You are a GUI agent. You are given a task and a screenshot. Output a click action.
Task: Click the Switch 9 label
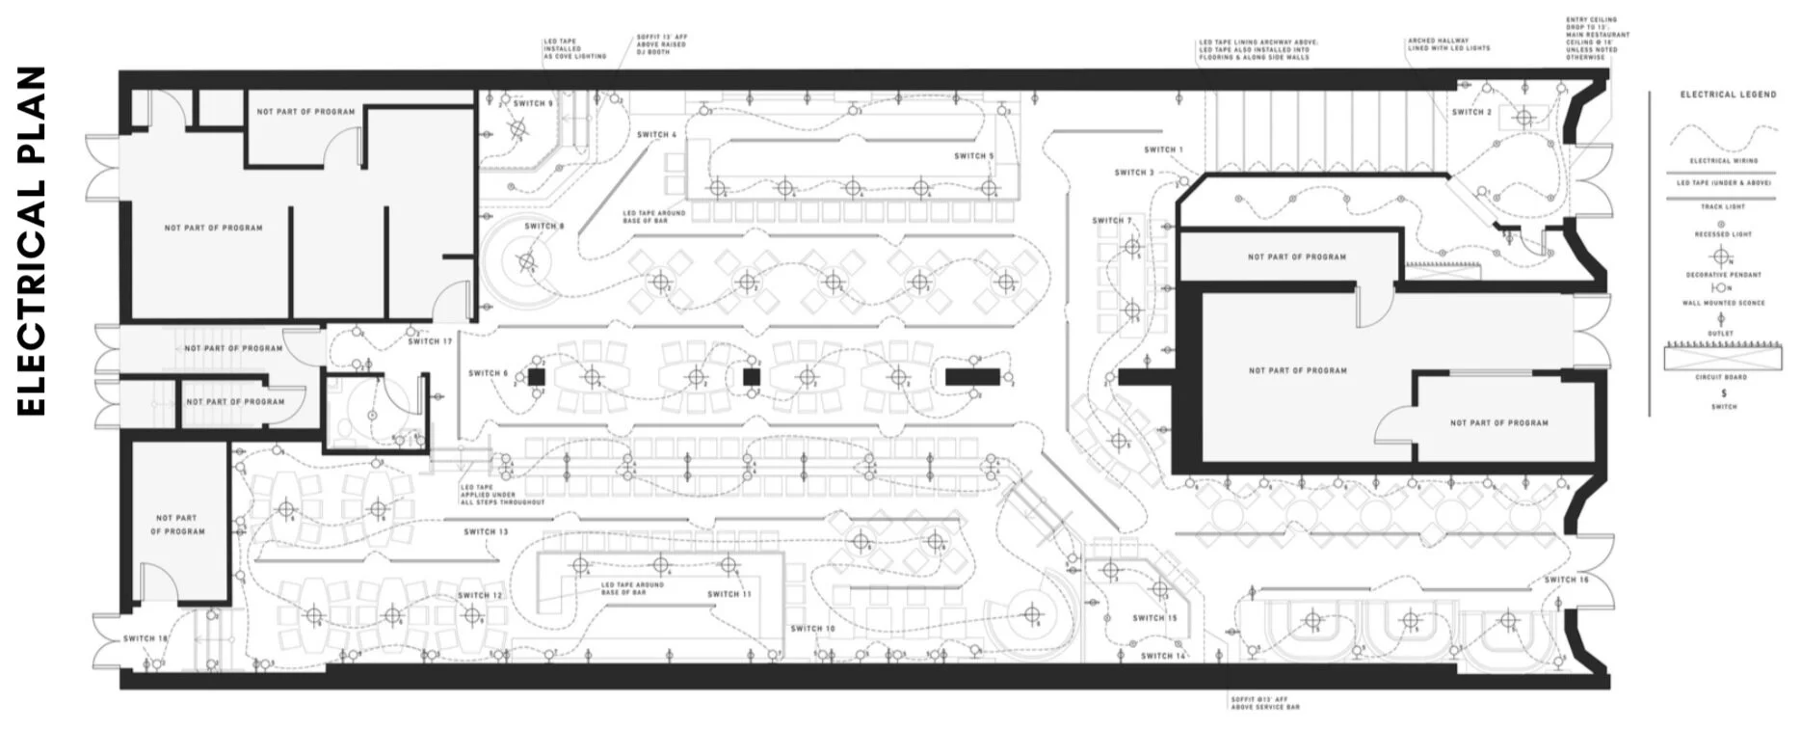[x=533, y=104]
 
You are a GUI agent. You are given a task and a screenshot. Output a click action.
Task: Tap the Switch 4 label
[x=656, y=135]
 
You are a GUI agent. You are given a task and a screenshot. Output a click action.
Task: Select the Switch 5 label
[x=973, y=156]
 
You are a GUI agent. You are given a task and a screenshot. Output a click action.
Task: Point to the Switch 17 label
[x=430, y=341]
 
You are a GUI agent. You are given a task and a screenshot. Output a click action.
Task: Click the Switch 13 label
[x=486, y=531]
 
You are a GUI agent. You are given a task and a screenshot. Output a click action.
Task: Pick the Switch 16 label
[x=1566, y=580]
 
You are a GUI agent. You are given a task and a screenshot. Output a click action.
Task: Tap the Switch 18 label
[x=146, y=638]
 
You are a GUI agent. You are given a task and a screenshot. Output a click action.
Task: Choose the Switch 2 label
[x=1471, y=113]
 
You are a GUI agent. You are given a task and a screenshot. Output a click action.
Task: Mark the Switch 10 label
[x=812, y=629]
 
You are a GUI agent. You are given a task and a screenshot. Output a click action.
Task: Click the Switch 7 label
[x=1112, y=221]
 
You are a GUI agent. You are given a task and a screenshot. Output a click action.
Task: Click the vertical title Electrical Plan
[x=32, y=241]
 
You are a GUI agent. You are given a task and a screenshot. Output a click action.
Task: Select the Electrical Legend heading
[x=1728, y=95]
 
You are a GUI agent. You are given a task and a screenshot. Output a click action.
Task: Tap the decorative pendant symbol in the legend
[x=1721, y=257]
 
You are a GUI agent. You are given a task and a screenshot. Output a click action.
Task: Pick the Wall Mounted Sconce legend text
[x=1724, y=303]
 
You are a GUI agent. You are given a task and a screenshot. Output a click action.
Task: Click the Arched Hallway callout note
[x=1448, y=44]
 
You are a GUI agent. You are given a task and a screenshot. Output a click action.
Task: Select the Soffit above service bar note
[x=1264, y=703]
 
